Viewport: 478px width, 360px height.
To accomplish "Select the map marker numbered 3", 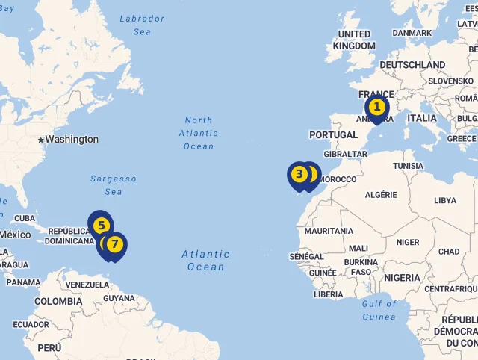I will pos(299,175).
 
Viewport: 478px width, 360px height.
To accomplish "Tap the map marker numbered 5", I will pos(99,223).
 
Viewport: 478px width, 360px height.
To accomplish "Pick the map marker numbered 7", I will pos(114,244).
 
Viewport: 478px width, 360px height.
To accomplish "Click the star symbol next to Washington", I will pos(41,140).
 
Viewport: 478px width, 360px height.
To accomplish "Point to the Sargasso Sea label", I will pos(114,185).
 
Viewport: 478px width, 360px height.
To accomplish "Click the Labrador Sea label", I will pos(142,25).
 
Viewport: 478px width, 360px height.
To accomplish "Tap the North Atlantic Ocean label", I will pos(199,133).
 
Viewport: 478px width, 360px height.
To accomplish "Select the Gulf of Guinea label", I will pos(379,310).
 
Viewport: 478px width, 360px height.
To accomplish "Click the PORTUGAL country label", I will pos(333,134).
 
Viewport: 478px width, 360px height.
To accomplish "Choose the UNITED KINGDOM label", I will pos(355,40).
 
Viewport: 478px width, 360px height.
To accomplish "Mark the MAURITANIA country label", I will pos(329,231).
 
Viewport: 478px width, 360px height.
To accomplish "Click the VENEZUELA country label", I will pos(87,285).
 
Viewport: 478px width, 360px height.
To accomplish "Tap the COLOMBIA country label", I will pos(58,301).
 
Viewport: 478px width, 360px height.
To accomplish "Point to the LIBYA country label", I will pos(444,200).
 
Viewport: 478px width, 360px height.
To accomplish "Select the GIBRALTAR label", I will pos(345,154).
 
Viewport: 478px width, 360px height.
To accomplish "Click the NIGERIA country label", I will pos(402,278).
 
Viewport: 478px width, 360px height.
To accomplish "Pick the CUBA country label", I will pos(25,218).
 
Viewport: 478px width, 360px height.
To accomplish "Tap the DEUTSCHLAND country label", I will pos(412,65).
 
